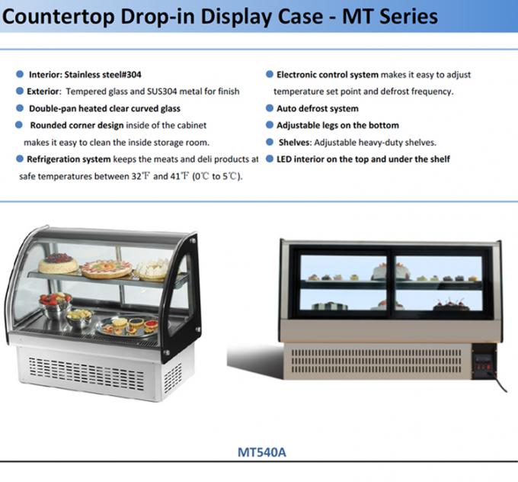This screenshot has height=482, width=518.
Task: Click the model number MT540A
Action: pos(262,451)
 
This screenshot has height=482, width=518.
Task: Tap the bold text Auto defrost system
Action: pos(317,108)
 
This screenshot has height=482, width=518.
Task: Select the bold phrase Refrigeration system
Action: pos(69,159)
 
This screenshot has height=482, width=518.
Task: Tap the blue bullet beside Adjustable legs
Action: pos(269,125)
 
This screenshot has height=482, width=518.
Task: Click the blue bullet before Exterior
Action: pos(20,92)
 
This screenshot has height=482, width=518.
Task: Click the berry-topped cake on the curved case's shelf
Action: pos(59,264)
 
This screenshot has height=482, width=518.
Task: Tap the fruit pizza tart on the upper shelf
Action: pos(107,268)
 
